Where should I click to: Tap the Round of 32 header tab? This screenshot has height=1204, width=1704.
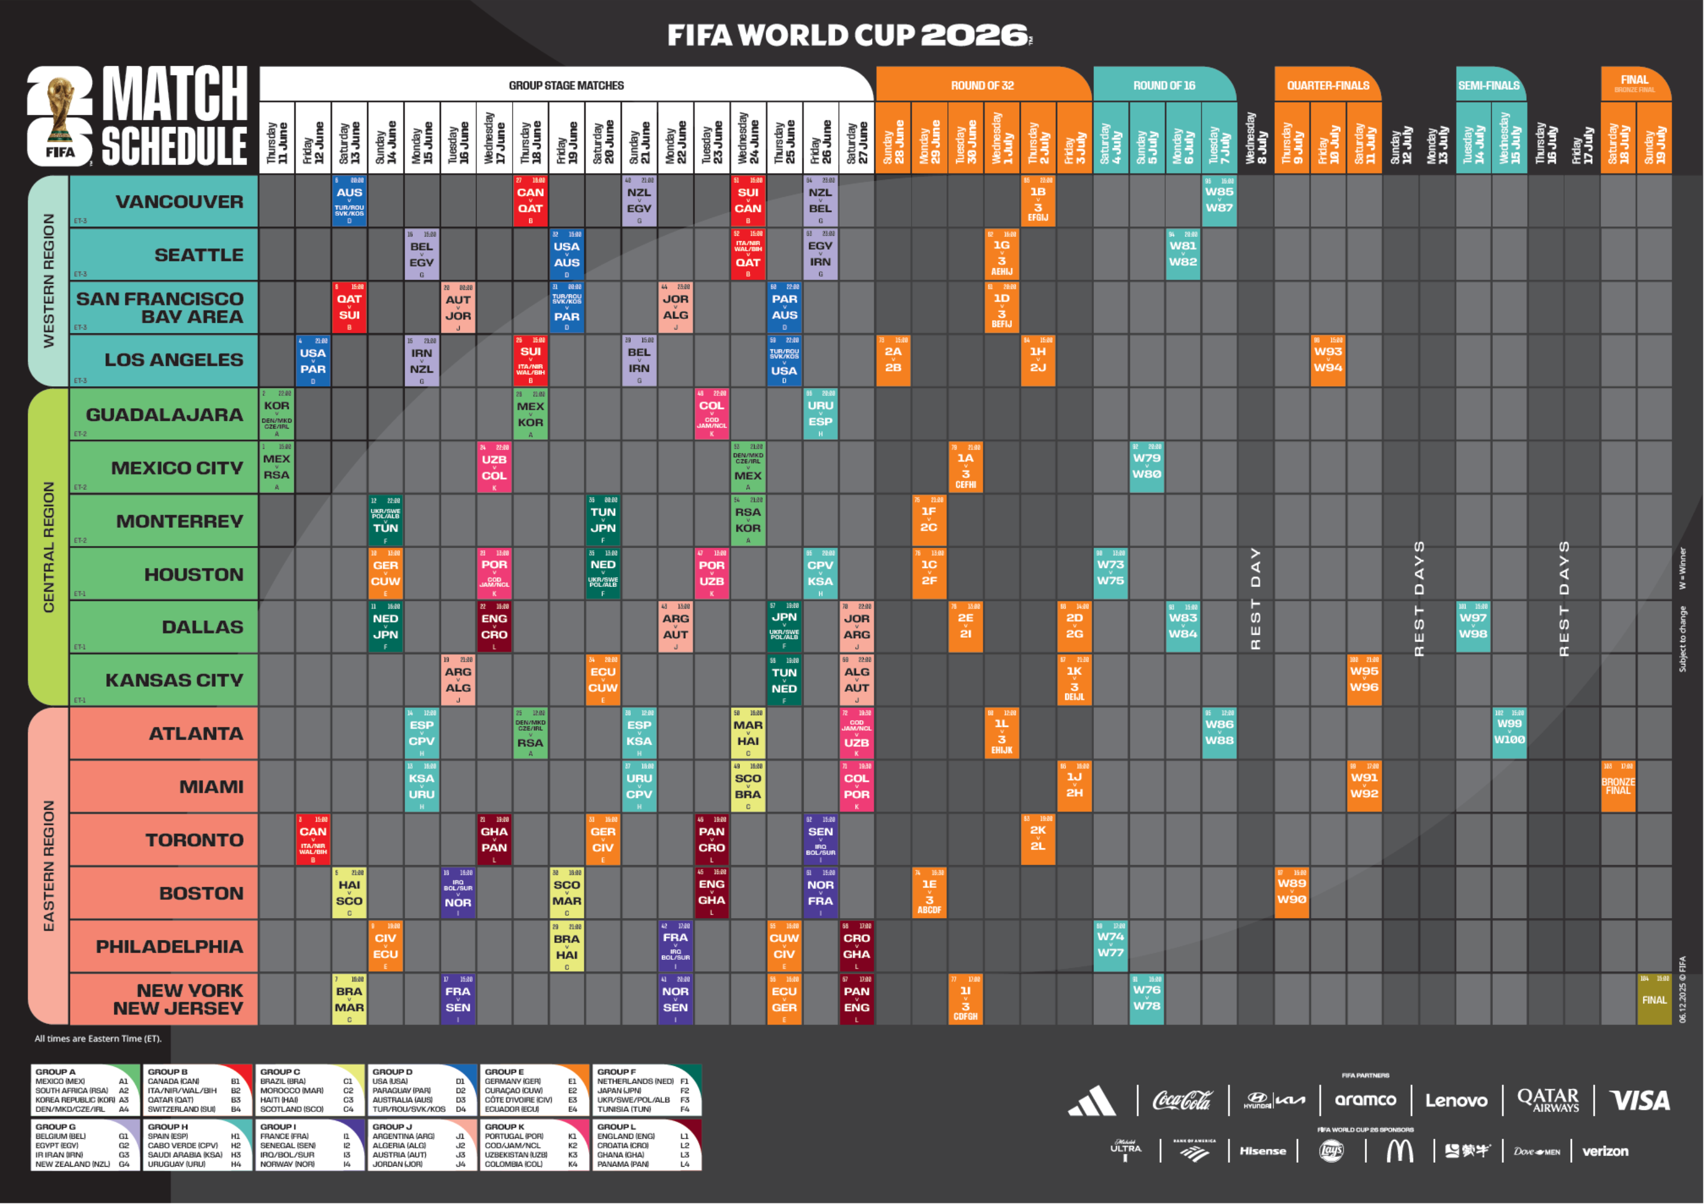[982, 85]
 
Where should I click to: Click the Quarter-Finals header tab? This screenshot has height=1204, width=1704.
[1328, 85]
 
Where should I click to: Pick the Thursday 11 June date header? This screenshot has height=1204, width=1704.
[277, 141]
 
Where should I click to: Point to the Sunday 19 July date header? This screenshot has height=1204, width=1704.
[1654, 141]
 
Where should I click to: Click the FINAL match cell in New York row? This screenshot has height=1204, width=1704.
[1654, 999]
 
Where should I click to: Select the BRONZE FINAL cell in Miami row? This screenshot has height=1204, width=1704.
[1618, 786]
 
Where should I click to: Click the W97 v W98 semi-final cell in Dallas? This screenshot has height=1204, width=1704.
[1473, 627]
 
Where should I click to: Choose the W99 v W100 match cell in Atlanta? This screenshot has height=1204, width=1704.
[1510, 732]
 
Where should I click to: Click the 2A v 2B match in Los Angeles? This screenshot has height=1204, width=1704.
[893, 361]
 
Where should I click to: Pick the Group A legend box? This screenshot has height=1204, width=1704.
[85, 1090]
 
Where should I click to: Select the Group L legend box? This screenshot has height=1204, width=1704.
[646, 1144]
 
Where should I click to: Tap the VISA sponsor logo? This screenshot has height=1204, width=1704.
[1639, 1100]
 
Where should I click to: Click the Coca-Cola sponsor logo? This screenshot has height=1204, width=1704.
[1181, 1100]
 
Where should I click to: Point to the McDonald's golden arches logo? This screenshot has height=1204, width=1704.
[1399, 1151]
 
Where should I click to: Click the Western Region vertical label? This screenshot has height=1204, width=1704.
[48, 280]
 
